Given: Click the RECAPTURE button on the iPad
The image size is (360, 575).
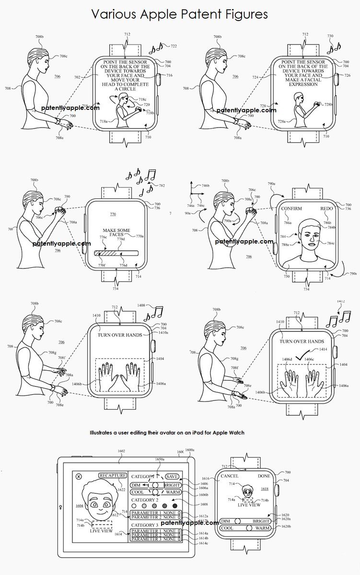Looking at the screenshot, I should coord(114,476).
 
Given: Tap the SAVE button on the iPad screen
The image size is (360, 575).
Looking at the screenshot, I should coord(172,476).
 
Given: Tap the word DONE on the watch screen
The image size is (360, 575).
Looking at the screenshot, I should coord(264,476).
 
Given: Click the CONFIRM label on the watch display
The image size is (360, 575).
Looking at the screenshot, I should coord(292,209).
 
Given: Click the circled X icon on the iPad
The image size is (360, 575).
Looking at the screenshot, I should coord(79,477).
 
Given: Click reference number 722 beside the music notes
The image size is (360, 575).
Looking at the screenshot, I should coord(174,46).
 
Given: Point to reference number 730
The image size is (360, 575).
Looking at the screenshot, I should coord(330,36).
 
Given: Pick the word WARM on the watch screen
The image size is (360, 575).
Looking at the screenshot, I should coord(262,528).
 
